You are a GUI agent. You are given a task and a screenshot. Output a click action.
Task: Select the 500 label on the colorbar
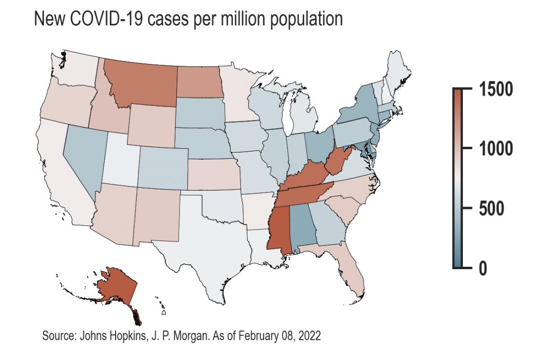(491, 208)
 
